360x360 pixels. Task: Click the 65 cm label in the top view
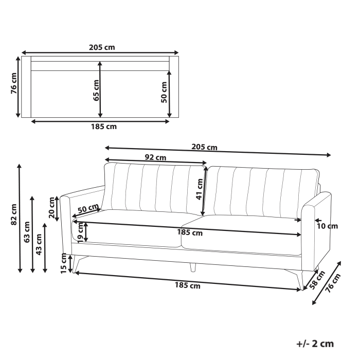click(x=96, y=91)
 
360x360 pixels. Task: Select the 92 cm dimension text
click(x=155, y=157)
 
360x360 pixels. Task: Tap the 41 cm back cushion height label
click(x=199, y=189)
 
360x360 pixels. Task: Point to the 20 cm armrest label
click(x=52, y=208)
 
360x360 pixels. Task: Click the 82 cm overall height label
click(x=14, y=215)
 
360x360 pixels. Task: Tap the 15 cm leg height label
click(x=64, y=263)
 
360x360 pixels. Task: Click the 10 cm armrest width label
click(x=328, y=225)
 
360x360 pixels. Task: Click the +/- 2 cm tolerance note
click(x=315, y=344)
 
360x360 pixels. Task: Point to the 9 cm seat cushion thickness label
click(x=80, y=233)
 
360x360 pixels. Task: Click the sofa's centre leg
click(x=193, y=267)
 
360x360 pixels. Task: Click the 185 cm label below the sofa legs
click(x=188, y=286)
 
